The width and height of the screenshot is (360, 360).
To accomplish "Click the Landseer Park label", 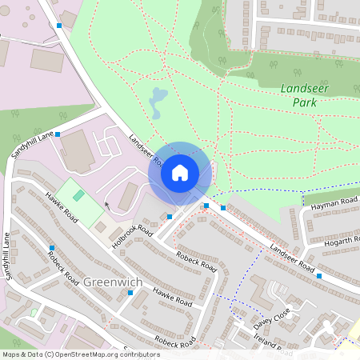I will coord(300,96).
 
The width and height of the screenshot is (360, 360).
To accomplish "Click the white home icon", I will coord(180,172).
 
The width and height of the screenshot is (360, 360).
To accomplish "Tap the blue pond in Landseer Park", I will coord(158,100).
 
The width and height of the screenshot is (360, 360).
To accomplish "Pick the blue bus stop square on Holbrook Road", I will coord(170,216).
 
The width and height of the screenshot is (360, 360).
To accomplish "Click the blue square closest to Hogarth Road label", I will coord(318,276).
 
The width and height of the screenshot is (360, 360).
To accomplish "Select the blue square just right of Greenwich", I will coord(130,292).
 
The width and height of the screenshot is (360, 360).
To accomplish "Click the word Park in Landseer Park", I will coord(300,103).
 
